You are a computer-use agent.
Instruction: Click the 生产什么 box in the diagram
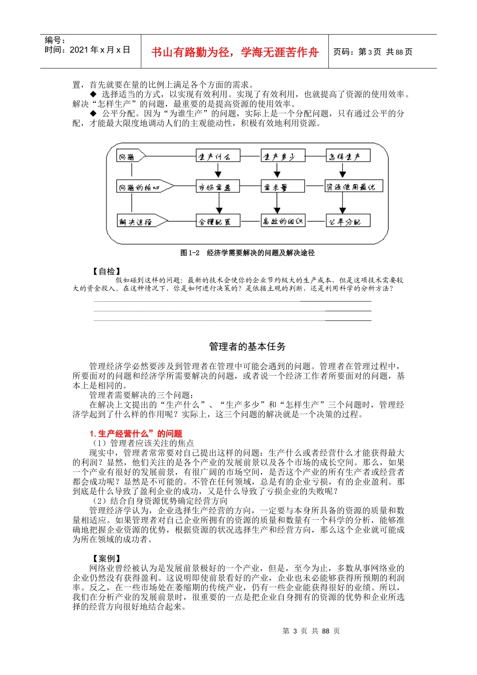(218, 156)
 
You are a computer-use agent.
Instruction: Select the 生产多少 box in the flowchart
(283, 156)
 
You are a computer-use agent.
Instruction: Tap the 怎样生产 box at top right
(347, 156)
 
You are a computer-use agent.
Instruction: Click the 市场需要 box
(218, 187)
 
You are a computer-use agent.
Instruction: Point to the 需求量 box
(283, 187)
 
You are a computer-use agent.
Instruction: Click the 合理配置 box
(218, 221)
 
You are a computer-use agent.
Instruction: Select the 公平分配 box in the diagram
(347, 221)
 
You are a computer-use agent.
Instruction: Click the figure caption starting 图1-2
(247, 253)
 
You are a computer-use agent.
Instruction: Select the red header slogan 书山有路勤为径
(234, 52)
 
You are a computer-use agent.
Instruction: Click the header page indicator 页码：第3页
(373, 52)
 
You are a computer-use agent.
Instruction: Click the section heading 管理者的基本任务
(247, 347)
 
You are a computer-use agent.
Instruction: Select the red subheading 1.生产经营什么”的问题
(136, 433)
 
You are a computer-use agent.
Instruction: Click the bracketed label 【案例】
(106, 558)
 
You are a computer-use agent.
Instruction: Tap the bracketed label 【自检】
(106, 271)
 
